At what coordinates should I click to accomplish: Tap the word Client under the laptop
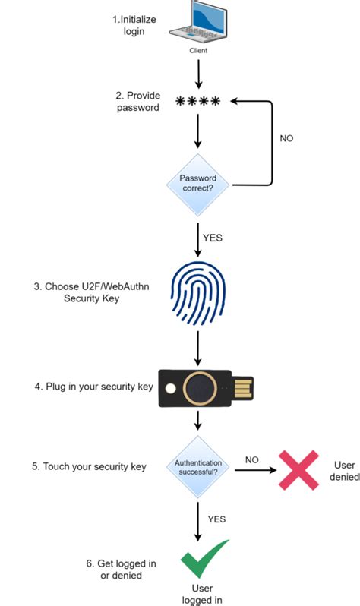click(x=198, y=51)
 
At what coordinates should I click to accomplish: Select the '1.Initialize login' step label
click(x=141, y=26)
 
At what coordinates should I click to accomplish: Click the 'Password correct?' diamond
click(x=197, y=184)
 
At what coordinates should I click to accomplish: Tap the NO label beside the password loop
click(x=286, y=138)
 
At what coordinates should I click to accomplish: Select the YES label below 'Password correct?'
click(x=213, y=238)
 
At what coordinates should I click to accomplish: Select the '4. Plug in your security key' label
click(x=94, y=387)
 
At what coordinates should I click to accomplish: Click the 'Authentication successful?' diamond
click(x=197, y=466)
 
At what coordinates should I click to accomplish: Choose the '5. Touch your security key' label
click(x=89, y=466)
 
